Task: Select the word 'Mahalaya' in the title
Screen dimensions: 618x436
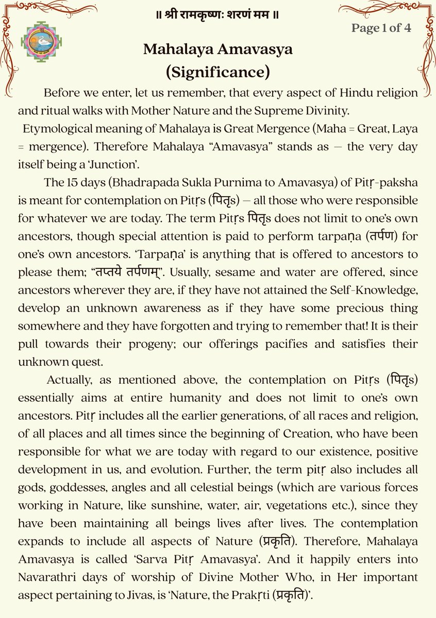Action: (x=177, y=49)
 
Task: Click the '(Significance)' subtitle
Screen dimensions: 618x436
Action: (x=217, y=71)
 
